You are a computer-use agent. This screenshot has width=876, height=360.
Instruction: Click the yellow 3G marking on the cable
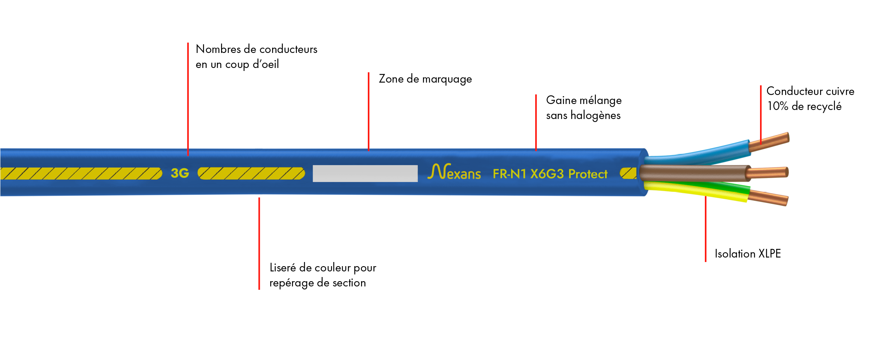[x=180, y=173]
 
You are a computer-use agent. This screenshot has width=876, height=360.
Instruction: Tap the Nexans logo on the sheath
[x=454, y=172]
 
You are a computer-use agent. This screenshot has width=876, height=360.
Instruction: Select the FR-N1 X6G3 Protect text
[x=550, y=174]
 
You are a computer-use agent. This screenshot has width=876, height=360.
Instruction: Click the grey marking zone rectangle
[x=365, y=173]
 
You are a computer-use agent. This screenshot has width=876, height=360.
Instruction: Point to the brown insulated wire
[x=694, y=173]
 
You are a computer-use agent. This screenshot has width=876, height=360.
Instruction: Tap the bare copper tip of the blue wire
[x=769, y=142]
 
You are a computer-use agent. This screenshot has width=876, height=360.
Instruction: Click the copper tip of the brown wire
[x=768, y=173]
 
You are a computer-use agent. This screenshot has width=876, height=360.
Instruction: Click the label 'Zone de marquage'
[x=425, y=79]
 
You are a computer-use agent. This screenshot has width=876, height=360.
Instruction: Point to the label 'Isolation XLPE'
[x=747, y=254]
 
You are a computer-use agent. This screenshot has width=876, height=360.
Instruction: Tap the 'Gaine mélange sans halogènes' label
[x=584, y=108]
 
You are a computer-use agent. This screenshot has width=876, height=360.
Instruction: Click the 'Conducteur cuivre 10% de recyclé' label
[x=810, y=99]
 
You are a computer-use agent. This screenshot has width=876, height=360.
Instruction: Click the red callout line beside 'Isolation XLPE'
[x=706, y=229]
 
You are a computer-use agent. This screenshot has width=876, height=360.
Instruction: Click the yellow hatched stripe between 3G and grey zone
[x=251, y=173]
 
